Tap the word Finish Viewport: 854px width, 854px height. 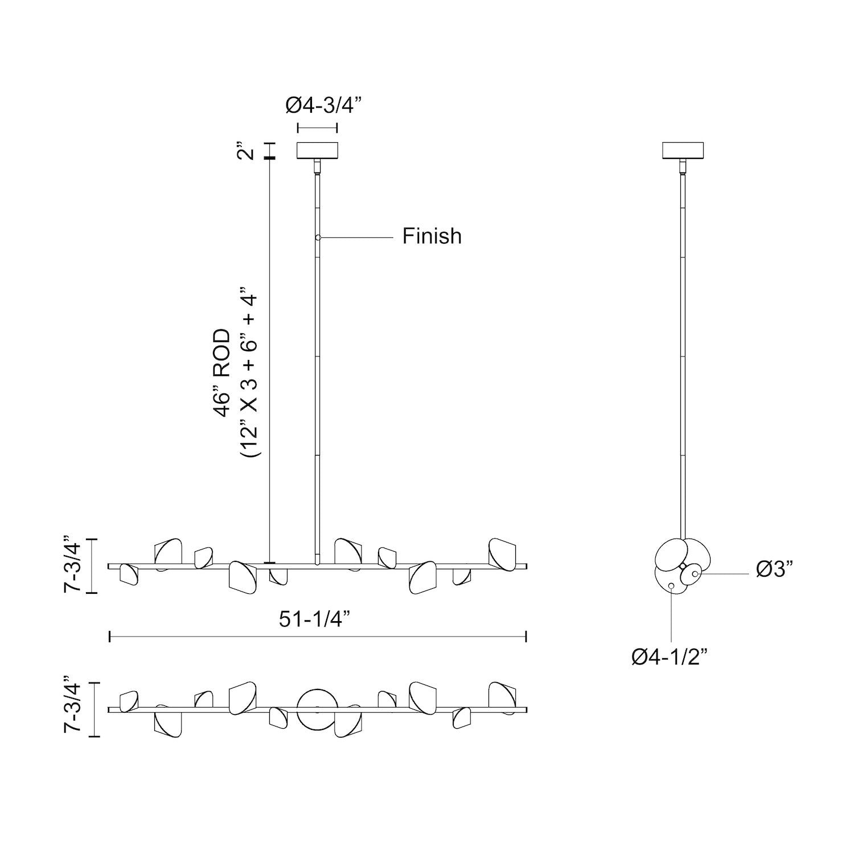point(432,236)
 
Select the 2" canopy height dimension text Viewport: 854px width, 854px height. point(245,154)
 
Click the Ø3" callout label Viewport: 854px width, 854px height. point(775,569)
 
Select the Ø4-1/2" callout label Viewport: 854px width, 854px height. point(669,657)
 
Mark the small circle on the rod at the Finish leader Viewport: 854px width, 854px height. point(318,237)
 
